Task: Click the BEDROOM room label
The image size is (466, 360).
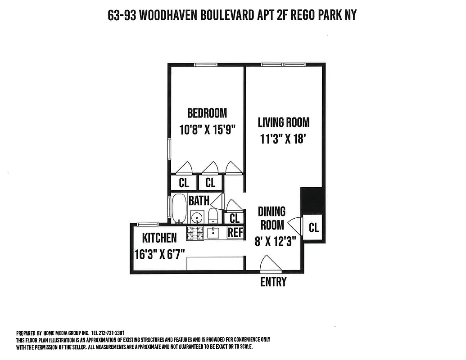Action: [x=207, y=112]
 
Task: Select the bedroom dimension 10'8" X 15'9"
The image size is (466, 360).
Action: [x=207, y=130]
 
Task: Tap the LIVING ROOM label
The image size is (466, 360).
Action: [x=284, y=122]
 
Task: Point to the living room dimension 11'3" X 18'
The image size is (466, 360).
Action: [x=283, y=139]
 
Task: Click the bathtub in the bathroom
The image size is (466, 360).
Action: [x=179, y=208]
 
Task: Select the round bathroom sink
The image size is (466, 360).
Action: [x=197, y=217]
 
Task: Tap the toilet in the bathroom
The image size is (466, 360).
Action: [x=213, y=216]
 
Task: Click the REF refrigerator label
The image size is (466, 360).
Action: [x=235, y=233]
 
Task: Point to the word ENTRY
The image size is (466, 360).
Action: [x=273, y=282]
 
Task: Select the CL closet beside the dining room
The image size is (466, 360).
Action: [x=313, y=228]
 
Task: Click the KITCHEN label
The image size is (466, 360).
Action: [x=159, y=238]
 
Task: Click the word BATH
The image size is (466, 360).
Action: [x=199, y=200]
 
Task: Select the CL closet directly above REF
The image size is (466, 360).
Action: [x=235, y=218]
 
